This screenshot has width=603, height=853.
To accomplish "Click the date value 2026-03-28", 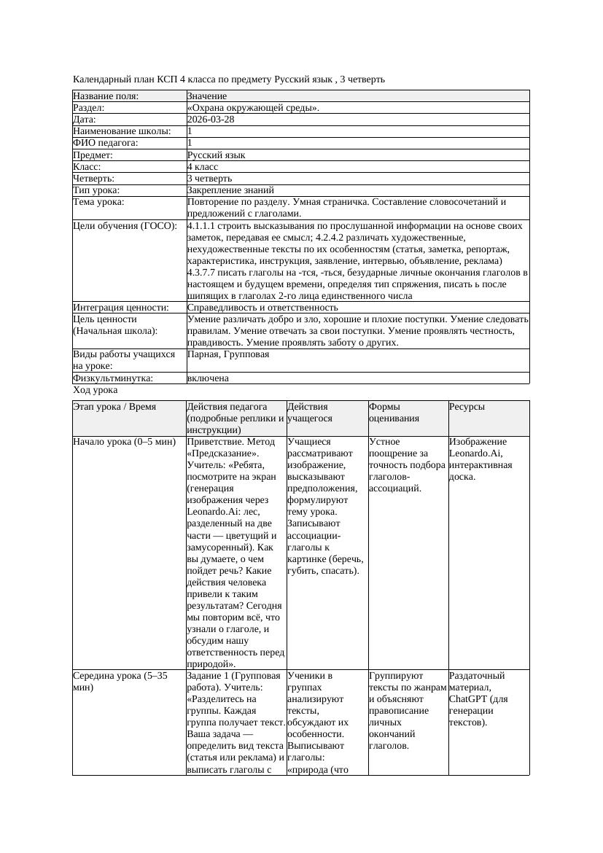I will click(x=211, y=120).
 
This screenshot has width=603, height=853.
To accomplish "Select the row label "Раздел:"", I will click(x=90, y=108).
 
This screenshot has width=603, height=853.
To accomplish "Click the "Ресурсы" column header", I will click(x=467, y=407).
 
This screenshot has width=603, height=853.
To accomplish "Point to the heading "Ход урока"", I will click(x=95, y=390).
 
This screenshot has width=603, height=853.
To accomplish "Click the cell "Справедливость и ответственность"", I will click(x=262, y=308).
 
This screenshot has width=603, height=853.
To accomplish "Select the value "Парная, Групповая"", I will click(x=228, y=354).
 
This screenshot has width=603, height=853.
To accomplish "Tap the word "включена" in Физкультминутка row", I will click(x=208, y=378).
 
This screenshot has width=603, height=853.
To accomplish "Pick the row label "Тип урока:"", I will click(x=96, y=190).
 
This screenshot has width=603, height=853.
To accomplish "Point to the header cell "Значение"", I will click(x=207, y=96).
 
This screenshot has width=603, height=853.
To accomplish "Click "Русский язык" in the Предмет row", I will click(x=217, y=155).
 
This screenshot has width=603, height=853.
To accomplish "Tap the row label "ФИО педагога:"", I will click(x=106, y=143).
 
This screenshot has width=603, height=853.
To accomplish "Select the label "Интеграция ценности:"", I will click(x=121, y=308).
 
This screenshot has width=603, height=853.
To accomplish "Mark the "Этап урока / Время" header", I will click(x=114, y=407).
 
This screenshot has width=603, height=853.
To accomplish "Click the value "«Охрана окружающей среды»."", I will click(x=253, y=108).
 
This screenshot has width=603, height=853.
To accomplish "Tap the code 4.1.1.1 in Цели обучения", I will click(x=203, y=226).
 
